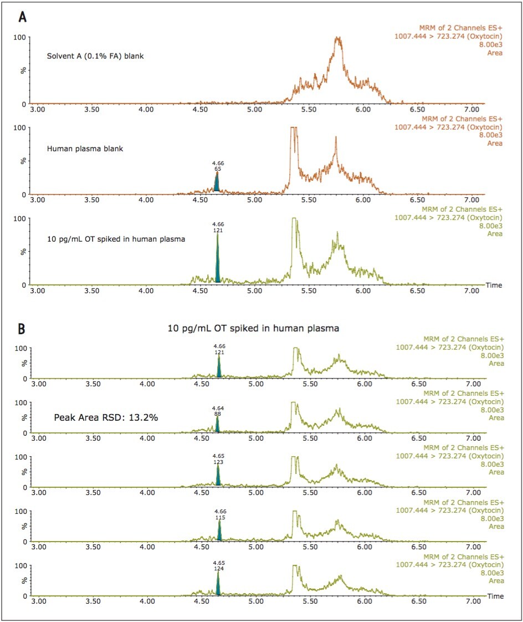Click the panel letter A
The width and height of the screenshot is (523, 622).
click(x=23, y=17)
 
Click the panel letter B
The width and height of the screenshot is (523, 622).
click(x=22, y=329)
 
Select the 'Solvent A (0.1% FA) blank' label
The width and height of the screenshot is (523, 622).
click(x=95, y=57)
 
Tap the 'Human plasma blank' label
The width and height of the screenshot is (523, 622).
click(x=85, y=149)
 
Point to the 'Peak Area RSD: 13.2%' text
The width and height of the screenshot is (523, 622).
click(x=106, y=417)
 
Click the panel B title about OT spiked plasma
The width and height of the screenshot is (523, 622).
click(x=253, y=328)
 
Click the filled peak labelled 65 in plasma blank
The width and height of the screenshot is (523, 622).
click(x=217, y=182)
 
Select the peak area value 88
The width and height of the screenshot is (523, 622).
click(x=217, y=414)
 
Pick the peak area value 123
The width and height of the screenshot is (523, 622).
click(x=218, y=462)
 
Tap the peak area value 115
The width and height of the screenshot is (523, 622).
click(x=220, y=518)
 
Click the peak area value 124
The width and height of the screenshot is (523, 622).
click(x=218, y=568)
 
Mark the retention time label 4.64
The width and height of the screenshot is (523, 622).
click(x=218, y=408)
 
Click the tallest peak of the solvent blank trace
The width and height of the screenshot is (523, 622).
click(x=338, y=38)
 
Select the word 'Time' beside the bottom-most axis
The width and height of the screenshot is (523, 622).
click(x=496, y=596)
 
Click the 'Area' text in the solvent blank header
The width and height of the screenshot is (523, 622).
click(x=495, y=53)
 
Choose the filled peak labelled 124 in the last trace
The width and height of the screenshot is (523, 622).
click(x=218, y=583)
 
